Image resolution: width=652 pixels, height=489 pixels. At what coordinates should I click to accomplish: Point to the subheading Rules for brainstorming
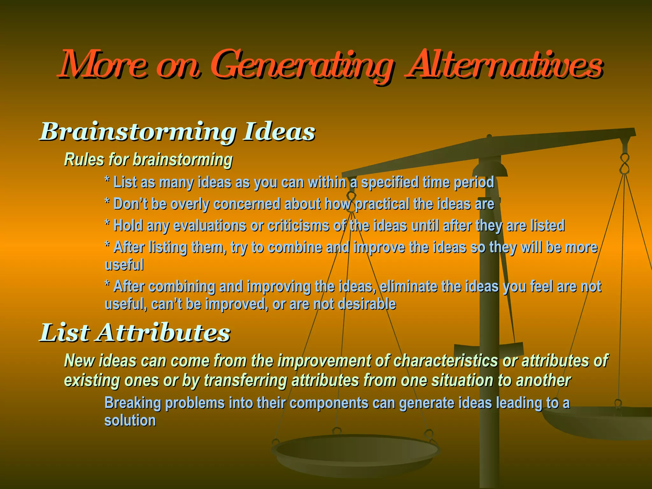(148, 159)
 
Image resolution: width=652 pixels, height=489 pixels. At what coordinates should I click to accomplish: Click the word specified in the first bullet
(390, 183)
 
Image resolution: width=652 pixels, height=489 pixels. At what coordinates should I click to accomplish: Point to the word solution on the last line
(130, 421)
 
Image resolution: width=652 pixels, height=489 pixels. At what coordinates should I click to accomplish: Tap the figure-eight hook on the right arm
(625, 163)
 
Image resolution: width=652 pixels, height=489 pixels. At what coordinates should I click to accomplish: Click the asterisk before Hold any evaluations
(108, 224)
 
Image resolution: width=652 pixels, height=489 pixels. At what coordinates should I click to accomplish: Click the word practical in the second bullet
(382, 204)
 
